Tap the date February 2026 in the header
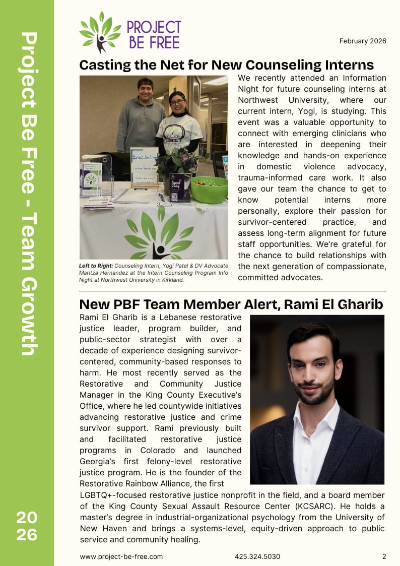(362, 41)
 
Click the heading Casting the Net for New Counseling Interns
(226, 65)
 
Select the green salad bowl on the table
(209, 189)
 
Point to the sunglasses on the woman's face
(177, 102)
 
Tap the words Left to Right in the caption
(96, 266)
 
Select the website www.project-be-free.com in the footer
(121, 556)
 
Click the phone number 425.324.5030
(257, 556)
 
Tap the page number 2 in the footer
(384, 556)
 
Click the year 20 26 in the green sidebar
(27, 526)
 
